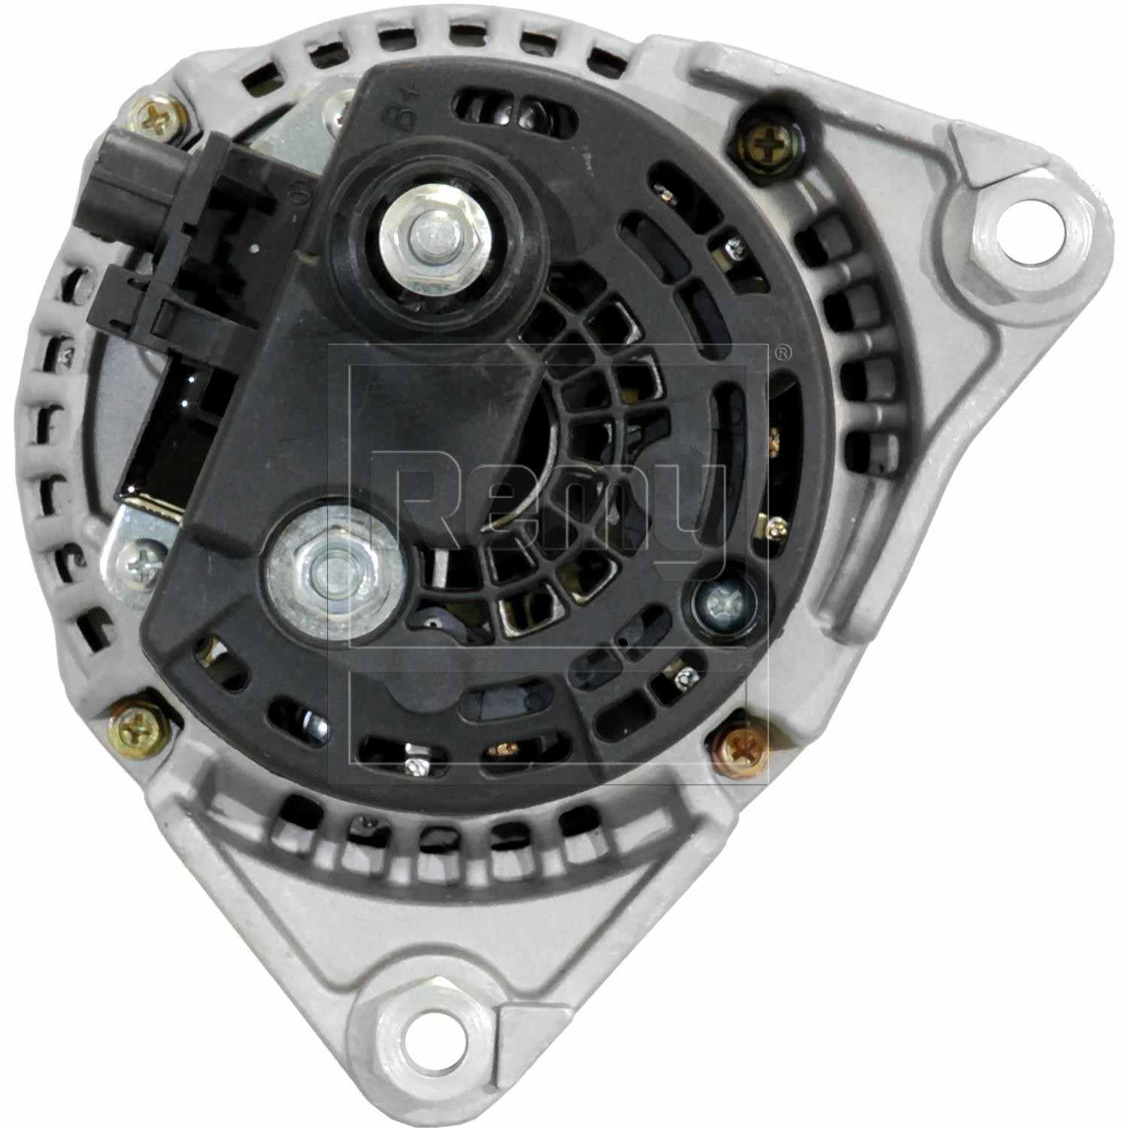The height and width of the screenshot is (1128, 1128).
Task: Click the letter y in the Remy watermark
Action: [x=692, y=511]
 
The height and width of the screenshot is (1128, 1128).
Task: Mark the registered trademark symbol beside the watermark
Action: [x=782, y=350]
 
